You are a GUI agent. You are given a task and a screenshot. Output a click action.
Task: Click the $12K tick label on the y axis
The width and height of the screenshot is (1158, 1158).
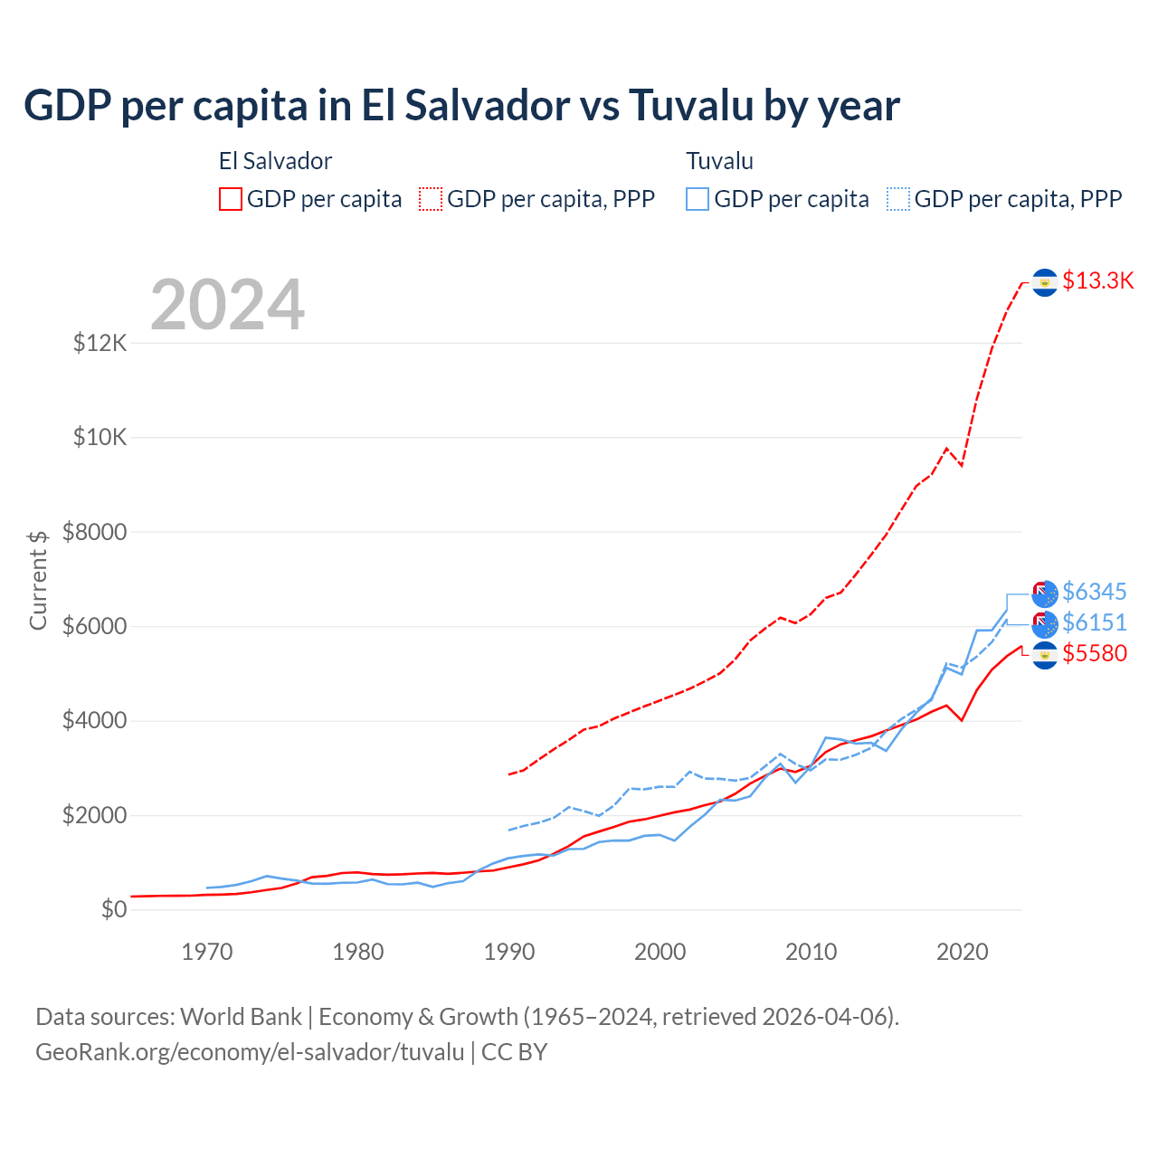(x=100, y=343)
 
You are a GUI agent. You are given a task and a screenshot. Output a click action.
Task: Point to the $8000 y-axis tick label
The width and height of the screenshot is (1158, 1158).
(x=94, y=532)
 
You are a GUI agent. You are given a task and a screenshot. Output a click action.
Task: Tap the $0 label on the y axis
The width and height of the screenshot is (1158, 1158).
(x=113, y=909)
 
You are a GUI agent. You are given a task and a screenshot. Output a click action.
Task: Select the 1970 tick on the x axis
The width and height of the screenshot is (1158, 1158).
(x=207, y=952)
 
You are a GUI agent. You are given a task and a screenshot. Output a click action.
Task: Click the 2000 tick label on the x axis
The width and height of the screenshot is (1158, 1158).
(x=660, y=952)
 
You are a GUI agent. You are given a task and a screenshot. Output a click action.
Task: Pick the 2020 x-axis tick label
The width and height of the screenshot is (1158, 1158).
(x=962, y=952)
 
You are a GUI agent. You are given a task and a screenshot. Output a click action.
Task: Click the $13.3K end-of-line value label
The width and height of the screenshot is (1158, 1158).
(x=1097, y=280)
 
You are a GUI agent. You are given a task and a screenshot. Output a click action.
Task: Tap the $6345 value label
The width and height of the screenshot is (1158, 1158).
(x=1094, y=592)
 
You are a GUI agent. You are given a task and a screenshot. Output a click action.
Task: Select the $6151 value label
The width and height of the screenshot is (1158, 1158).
(x=1094, y=622)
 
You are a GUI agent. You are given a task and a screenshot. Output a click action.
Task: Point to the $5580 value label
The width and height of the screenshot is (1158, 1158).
(x=1094, y=653)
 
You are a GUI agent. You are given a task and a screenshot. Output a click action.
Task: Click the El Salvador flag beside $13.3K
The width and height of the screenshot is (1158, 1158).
(x=1045, y=282)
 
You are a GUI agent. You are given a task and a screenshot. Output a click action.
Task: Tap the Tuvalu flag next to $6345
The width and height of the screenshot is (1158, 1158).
(x=1045, y=593)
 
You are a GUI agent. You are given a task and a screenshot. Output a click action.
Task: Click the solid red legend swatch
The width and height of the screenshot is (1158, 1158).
(x=231, y=199)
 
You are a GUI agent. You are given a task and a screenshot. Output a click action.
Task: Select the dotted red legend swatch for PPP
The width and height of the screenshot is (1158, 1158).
(x=431, y=199)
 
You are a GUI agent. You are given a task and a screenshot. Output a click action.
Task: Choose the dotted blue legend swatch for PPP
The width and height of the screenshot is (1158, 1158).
(x=898, y=199)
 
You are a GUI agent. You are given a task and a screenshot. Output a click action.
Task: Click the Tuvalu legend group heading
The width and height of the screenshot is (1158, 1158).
(x=719, y=161)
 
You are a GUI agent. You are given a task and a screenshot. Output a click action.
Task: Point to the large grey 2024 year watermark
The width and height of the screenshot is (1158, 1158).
(x=227, y=305)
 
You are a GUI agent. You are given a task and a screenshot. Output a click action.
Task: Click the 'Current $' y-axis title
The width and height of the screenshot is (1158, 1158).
(x=38, y=580)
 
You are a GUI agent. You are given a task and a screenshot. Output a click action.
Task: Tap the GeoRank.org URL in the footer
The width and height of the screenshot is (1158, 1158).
(x=250, y=1052)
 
